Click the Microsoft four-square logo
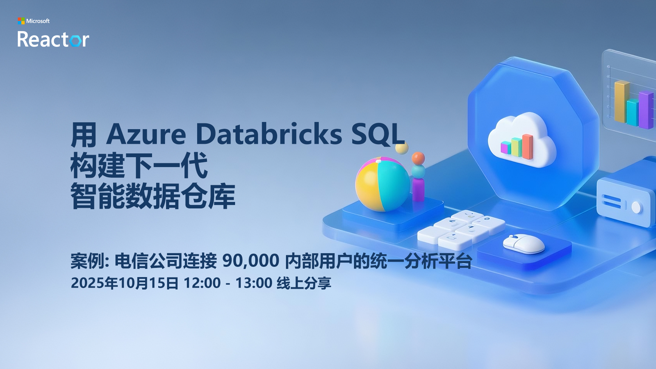(21, 21)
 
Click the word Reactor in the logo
(53, 39)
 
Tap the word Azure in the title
(146, 134)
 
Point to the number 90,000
(251, 261)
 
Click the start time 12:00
(202, 283)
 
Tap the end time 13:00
(254, 283)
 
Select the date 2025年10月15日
(125, 283)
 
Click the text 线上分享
(304, 283)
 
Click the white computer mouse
(524, 243)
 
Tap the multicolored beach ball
(383, 184)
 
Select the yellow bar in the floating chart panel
(621, 101)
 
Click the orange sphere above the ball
(418, 159)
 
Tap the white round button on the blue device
(636, 207)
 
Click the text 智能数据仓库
(153, 196)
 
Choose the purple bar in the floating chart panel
(646, 110)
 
